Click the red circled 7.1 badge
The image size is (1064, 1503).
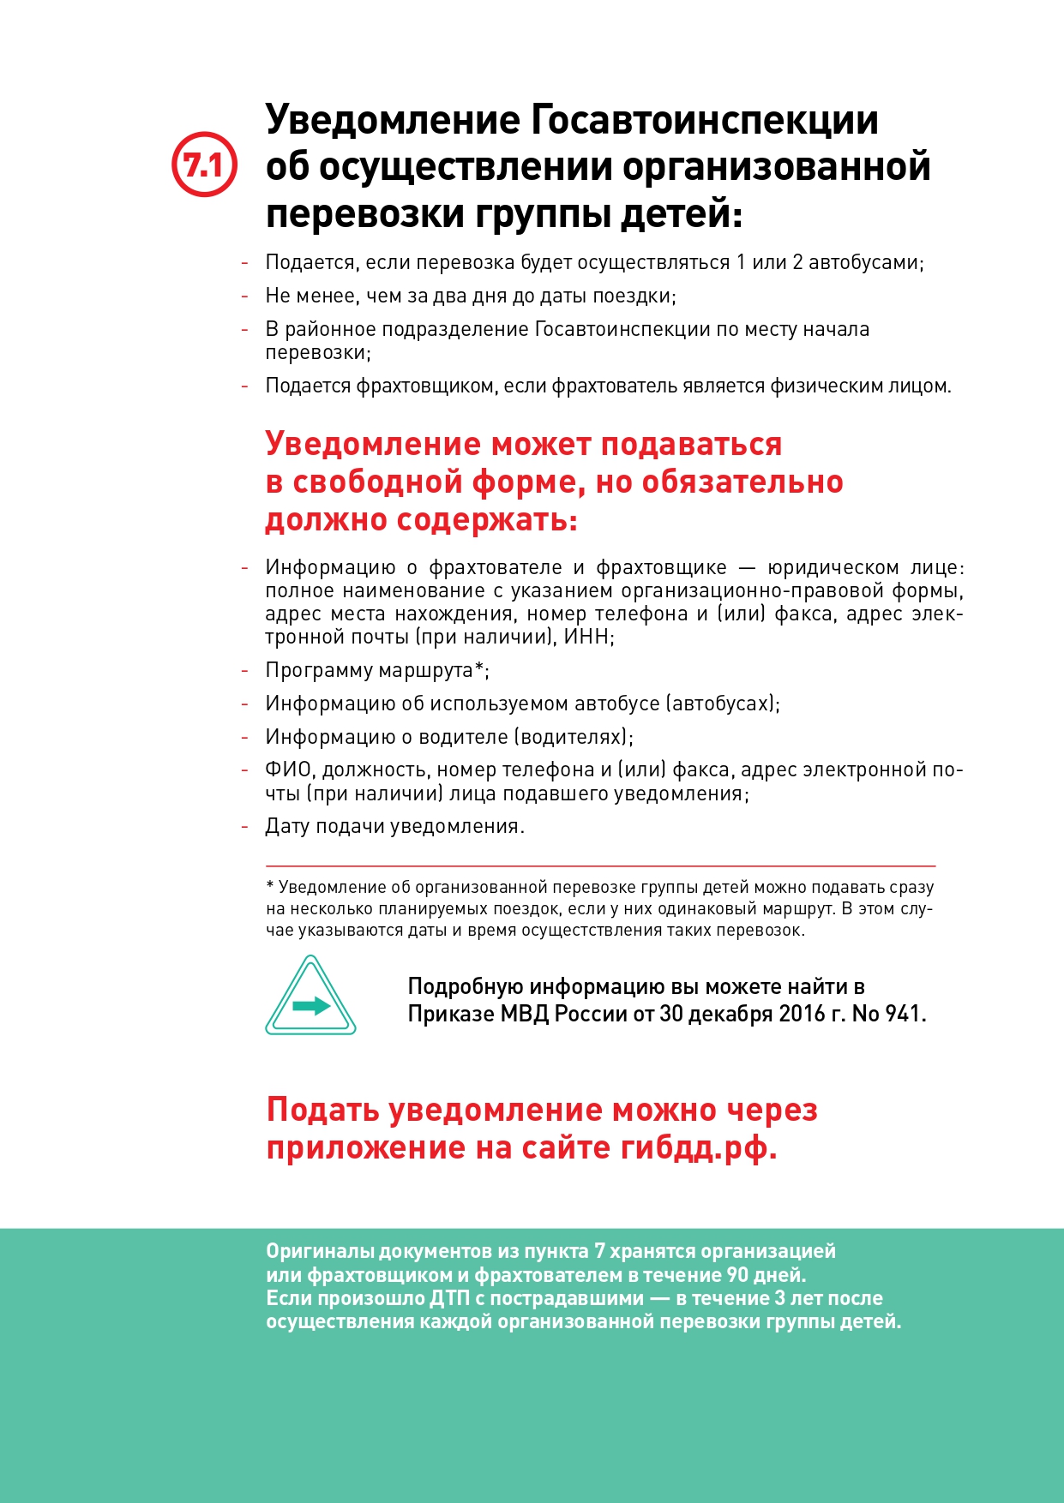(204, 165)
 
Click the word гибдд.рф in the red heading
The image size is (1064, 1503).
(698, 1147)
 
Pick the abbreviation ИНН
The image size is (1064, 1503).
(587, 637)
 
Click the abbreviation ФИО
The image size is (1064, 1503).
(289, 769)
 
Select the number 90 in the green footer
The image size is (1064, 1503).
(738, 1275)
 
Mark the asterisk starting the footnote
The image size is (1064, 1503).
(270, 886)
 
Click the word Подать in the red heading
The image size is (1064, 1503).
(323, 1110)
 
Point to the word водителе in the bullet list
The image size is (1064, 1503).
(463, 737)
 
